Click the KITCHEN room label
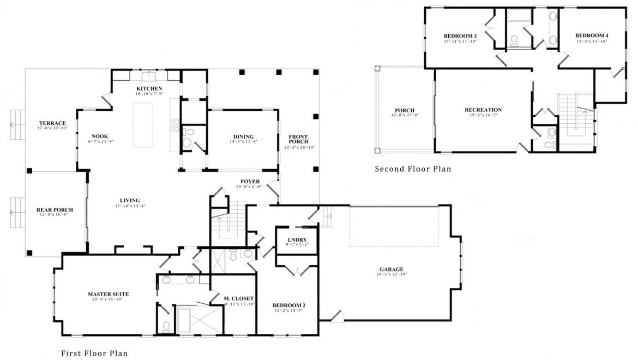tap(149, 88)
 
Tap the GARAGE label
tap(392, 269)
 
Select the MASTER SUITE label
tap(108, 294)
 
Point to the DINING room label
tap(243, 137)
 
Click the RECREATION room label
tap(483, 110)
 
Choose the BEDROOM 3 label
tap(460, 36)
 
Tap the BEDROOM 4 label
tap(592, 35)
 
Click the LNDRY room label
tap(297, 239)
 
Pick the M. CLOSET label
tap(239, 298)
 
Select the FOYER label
tap(250, 182)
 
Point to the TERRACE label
tap(52, 123)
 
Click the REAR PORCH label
tap(55, 210)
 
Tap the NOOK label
tap(100, 137)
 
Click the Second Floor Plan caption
tap(413, 169)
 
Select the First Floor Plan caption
tap(94, 353)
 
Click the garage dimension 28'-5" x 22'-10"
tap(392, 274)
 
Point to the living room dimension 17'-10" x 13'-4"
tap(130, 206)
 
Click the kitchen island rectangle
tap(143, 125)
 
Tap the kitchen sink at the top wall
tap(149, 76)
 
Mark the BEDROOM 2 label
tap(289, 305)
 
